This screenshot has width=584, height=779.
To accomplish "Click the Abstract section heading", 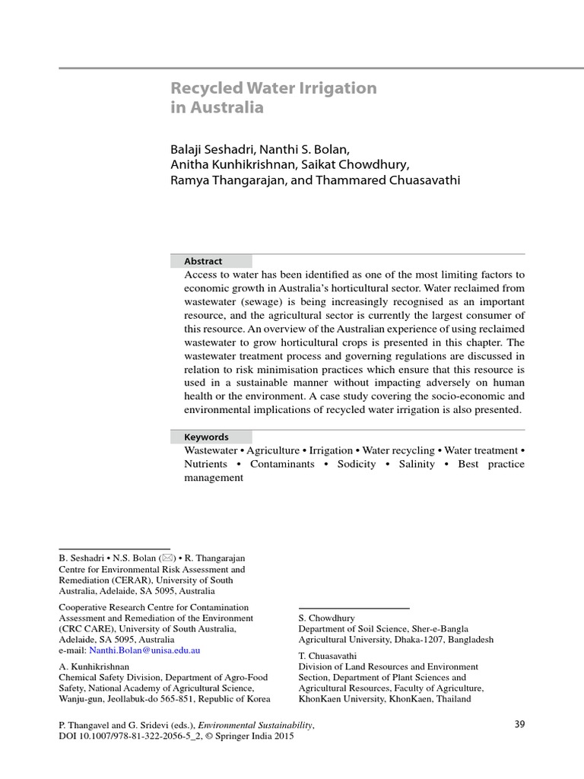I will tap(203, 261).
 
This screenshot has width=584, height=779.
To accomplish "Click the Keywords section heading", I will tap(206, 437).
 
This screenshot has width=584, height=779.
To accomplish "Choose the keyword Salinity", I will tap(417, 464).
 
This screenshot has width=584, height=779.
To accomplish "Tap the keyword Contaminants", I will tap(282, 464).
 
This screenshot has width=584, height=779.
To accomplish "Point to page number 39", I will tap(519, 724).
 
